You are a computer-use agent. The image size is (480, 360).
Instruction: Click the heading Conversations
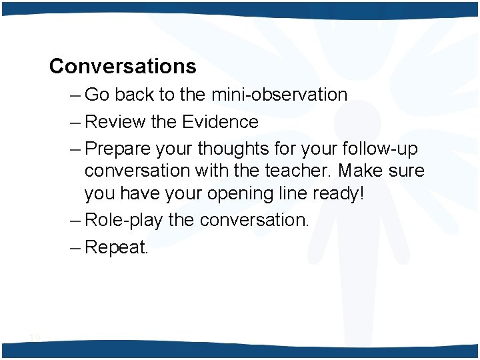(x=123, y=66)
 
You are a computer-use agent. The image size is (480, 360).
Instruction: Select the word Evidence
(x=220, y=122)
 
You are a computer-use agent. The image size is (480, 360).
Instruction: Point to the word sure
(x=406, y=171)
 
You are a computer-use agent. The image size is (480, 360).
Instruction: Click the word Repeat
(x=117, y=248)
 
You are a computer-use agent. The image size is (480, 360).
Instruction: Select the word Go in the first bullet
(x=97, y=95)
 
